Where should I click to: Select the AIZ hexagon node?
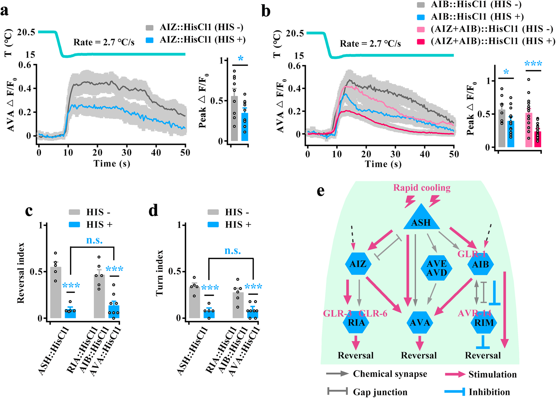358,264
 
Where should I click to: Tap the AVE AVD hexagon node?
437,268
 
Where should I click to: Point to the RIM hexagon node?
484,323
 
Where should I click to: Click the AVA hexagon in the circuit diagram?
420,323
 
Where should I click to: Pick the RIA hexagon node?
356,323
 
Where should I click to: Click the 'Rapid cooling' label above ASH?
422,188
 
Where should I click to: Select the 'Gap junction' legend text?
380,392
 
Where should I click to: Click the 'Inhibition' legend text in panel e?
489,392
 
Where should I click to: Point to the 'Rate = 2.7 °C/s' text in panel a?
104,42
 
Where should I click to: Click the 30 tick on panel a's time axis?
127,153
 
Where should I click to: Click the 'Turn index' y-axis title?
159,273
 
